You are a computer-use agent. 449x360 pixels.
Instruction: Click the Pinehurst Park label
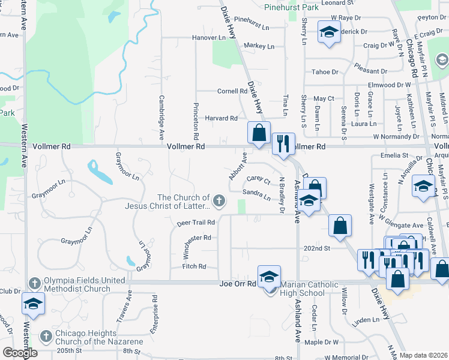[292, 8]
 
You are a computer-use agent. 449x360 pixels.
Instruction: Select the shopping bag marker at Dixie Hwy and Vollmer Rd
[259, 133]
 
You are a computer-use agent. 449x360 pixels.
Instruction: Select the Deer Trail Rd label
[196, 223]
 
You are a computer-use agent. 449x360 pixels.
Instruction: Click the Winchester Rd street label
[198, 238]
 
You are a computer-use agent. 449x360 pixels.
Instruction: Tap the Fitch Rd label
[194, 266]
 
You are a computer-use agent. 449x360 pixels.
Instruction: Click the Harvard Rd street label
[221, 118]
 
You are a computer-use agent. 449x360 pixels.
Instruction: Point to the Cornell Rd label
[232, 91]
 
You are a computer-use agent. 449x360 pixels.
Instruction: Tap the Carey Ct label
[258, 179]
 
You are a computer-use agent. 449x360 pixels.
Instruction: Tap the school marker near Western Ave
[33, 304]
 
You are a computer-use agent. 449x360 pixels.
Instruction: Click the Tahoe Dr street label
[325, 72]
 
